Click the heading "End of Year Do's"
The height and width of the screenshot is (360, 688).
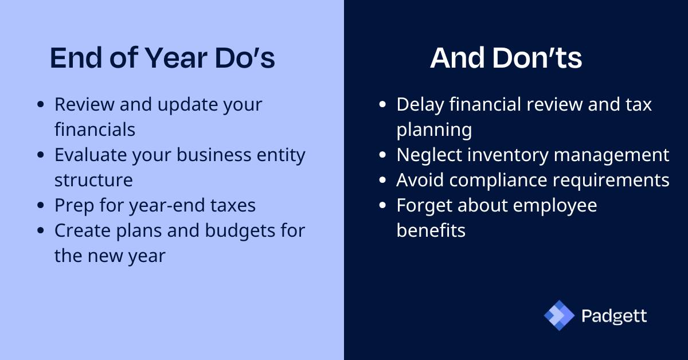tap(162, 58)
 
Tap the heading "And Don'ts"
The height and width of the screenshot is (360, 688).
tap(506, 58)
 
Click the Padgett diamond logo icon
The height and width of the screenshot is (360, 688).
tap(559, 315)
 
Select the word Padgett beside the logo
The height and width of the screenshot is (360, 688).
tap(613, 316)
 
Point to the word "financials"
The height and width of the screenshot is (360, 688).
tap(95, 130)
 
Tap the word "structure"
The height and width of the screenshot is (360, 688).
tap(93, 180)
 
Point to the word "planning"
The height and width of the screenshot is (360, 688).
tap(434, 130)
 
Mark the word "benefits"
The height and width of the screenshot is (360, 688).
tap(431, 230)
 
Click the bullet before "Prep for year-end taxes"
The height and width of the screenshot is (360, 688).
tap(40, 206)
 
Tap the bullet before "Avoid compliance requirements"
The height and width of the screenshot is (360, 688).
tap(383, 181)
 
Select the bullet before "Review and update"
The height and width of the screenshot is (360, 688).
tap(40, 105)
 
